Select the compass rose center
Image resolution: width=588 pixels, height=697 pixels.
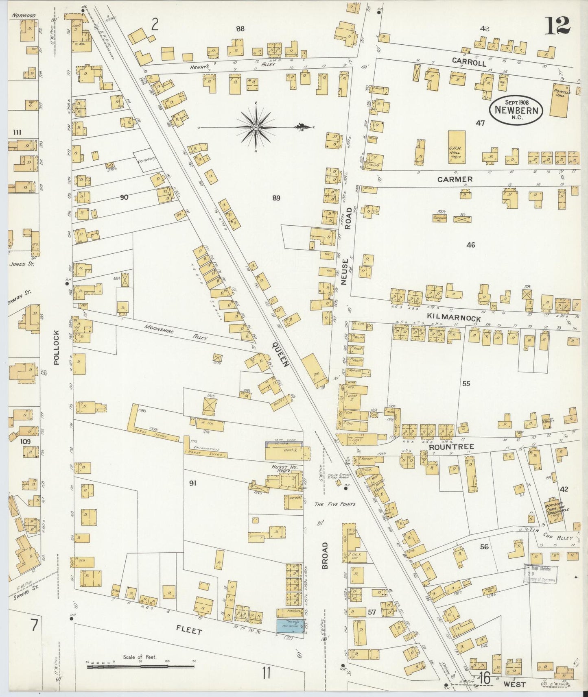[256, 127]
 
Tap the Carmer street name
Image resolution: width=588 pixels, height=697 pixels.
[455, 179]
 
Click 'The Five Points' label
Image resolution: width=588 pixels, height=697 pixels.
[335, 504]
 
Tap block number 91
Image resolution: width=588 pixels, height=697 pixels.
[193, 483]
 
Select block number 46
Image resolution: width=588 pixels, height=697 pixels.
[470, 245]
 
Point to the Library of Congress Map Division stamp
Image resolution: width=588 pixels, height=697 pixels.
[540, 574]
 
